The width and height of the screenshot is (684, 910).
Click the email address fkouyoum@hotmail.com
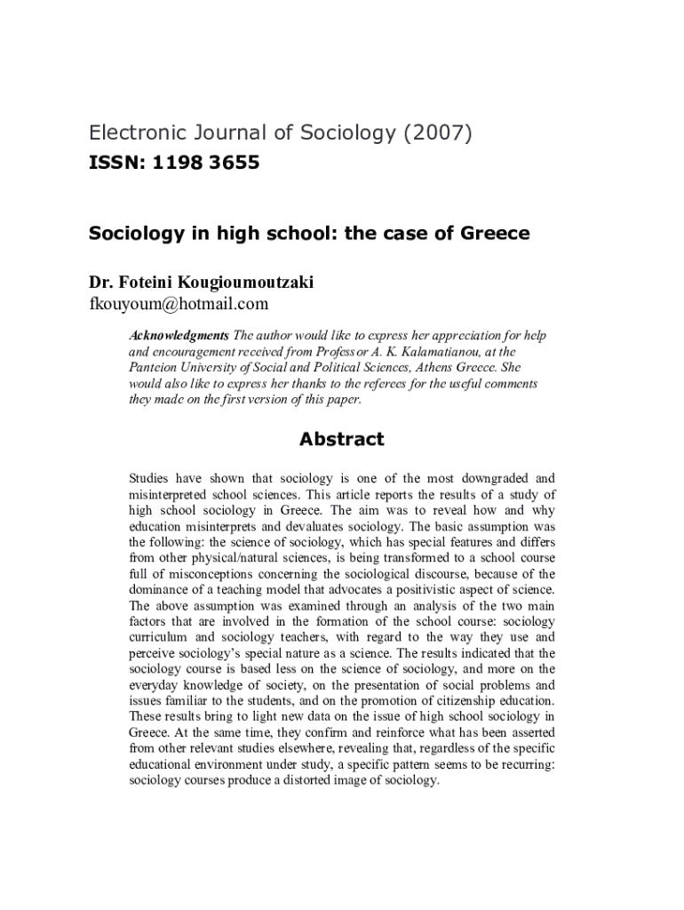[x=178, y=305]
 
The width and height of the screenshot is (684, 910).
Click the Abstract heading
[x=342, y=439]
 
